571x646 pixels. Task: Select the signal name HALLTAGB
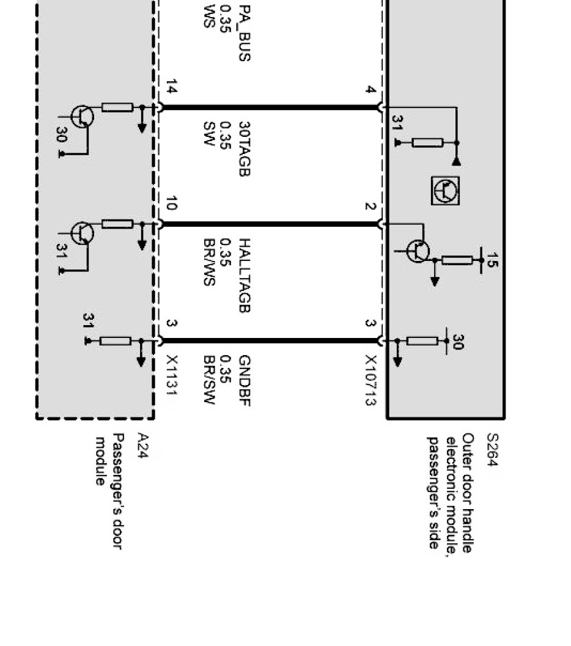[244, 276]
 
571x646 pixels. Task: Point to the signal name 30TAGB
[244, 149]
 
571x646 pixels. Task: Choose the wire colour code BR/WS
[209, 263]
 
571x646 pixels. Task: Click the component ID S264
[492, 451]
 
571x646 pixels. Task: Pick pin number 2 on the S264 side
[370, 206]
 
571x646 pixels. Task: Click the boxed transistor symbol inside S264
[445, 191]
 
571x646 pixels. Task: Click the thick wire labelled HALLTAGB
[269, 224]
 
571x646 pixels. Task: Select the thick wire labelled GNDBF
[269, 340]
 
